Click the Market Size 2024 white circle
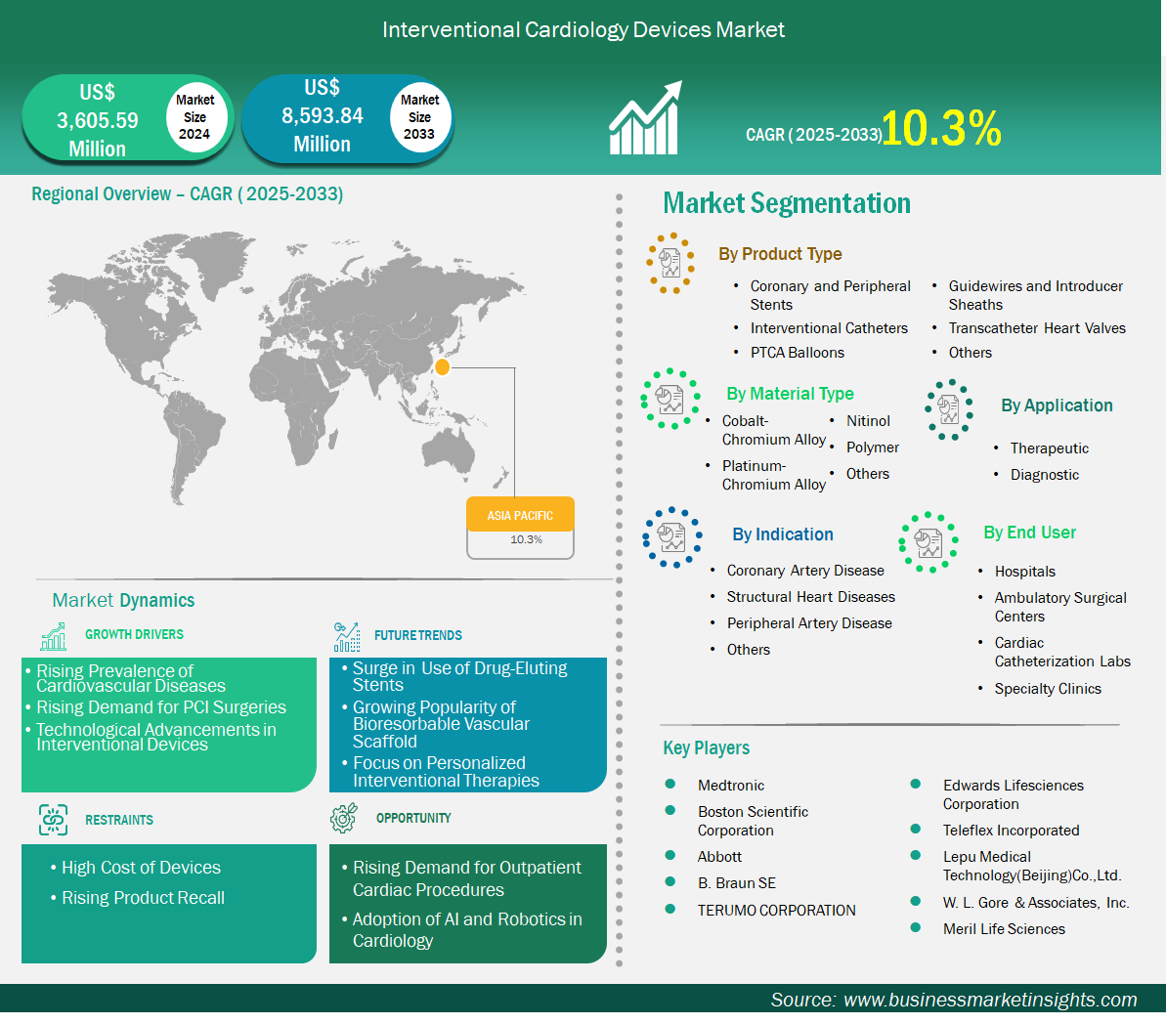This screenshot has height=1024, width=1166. [194, 116]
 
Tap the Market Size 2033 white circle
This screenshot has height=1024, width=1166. [419, 116]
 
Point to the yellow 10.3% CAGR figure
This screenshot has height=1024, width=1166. [941, 128]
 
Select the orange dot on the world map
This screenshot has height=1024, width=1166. [442, 366]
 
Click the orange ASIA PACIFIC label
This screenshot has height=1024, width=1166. [521, 515]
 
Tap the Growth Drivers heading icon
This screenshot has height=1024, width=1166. [54, 636]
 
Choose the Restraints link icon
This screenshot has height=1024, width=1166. [54, 820]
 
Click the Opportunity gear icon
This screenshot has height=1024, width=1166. [344, 817]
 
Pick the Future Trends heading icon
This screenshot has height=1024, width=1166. [347, 636]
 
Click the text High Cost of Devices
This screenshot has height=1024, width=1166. [142, 868]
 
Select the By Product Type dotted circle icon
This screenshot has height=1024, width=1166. [670, 263]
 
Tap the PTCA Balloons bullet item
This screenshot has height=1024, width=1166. [798, 353]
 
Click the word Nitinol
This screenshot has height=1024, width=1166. [868, 421]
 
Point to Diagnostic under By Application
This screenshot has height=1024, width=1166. [1044, 475]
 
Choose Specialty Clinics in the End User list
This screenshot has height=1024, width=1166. [1048, 689]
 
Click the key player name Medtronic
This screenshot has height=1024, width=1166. [731, 786]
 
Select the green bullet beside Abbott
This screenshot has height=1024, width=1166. [670, 855]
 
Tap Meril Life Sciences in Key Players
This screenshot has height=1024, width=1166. [1004, 929]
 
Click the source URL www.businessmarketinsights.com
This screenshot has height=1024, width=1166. [990, 1000]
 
